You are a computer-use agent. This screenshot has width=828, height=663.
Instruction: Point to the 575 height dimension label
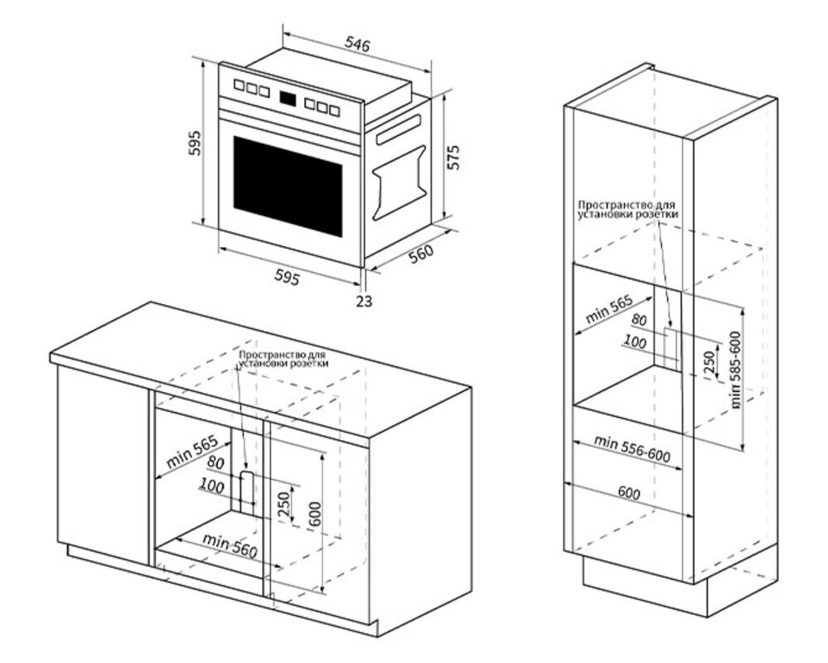453,157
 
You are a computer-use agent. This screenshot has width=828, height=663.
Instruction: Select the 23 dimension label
364,301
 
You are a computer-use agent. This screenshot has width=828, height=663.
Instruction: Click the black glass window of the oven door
288,185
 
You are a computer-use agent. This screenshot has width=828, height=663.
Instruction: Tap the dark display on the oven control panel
289,99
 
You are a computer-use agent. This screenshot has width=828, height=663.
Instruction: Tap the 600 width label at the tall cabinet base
629,492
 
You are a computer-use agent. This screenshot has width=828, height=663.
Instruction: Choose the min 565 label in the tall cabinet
609,308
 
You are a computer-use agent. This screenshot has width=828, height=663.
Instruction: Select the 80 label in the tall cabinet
639,319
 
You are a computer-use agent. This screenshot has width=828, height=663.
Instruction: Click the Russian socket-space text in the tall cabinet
627,208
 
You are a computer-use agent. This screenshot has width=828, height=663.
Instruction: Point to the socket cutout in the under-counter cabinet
246,489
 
